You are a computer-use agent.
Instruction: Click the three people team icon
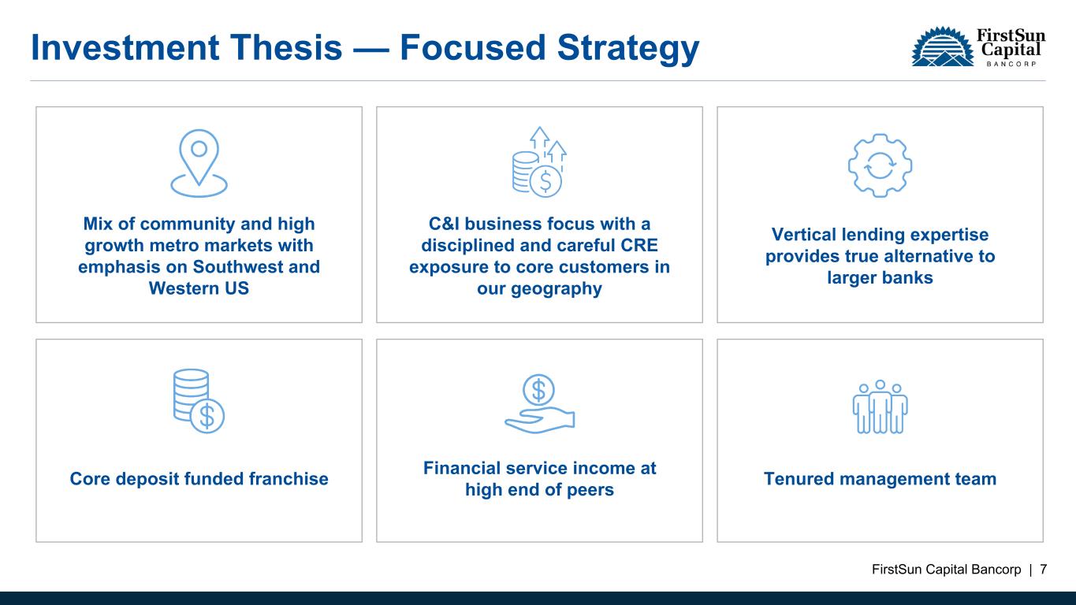[x=880, y=407]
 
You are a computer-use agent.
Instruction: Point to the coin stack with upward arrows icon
[x=539, y=161]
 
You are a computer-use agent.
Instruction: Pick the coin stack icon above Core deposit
[x=199, y=401]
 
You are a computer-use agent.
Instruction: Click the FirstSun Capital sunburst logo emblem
[x=943, y=46]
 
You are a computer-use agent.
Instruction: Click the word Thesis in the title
[x=286, y=47]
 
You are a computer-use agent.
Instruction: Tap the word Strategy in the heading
[x=627, y=49]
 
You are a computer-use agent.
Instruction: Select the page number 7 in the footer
[x=1044, y=570]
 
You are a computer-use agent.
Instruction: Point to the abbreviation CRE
[x=639, y=245]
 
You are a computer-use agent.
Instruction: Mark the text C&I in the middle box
[x=444, y=224]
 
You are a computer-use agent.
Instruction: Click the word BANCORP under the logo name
[x=1011, y=64]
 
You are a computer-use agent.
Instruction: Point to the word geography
[x=557, y=289]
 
